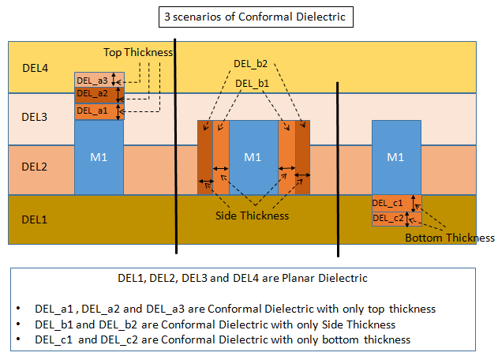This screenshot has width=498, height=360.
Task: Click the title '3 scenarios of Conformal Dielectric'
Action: tap(249, 16)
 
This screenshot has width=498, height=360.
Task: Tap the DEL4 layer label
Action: tap(35, 68)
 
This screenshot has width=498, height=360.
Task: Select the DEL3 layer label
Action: tap(35, 117)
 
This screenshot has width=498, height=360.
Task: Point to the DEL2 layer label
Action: tap(35, 167)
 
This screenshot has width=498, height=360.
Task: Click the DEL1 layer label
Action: tap(35, 219)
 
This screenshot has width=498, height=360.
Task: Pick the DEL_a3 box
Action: tap(92, 80)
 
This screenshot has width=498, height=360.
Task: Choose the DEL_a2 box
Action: tap(92, 94)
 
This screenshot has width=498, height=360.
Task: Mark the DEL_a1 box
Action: tap(92, 111)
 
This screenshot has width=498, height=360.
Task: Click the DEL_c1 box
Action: tap(388, 203)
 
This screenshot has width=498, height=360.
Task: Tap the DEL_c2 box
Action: tap(388, 218)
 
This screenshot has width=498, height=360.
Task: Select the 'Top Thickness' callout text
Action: tap(138, 52)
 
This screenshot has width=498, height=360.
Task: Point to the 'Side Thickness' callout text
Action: tap(252, 216)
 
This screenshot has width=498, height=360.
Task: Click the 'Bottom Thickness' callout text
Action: tap(449, 238)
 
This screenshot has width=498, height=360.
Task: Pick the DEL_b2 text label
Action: tap(251, 63)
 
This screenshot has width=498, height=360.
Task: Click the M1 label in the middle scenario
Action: tap(253, 157)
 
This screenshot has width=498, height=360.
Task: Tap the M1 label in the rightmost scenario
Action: tap(395, 157)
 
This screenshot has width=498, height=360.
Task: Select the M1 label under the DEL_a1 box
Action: tap(99, 157)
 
